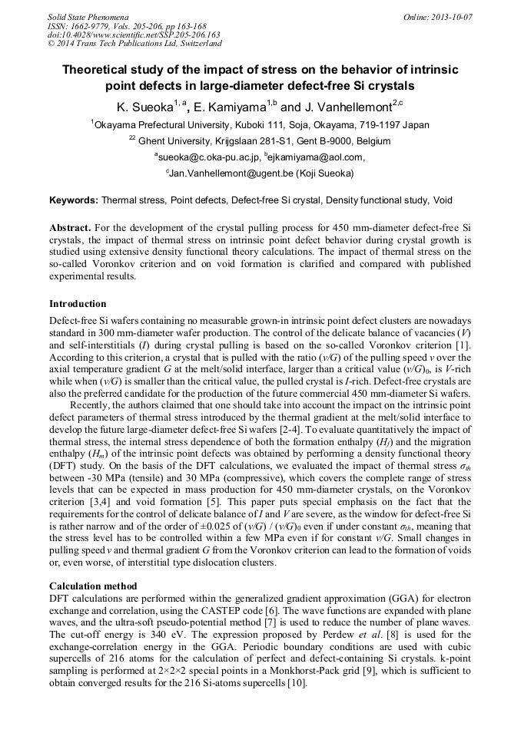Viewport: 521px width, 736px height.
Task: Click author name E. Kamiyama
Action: tap(234, 107)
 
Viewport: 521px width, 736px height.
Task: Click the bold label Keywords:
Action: tap(74, 200)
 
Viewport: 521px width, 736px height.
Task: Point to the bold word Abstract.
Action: tap(70, 229)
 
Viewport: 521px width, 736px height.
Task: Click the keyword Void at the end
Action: tap(442, 200)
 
